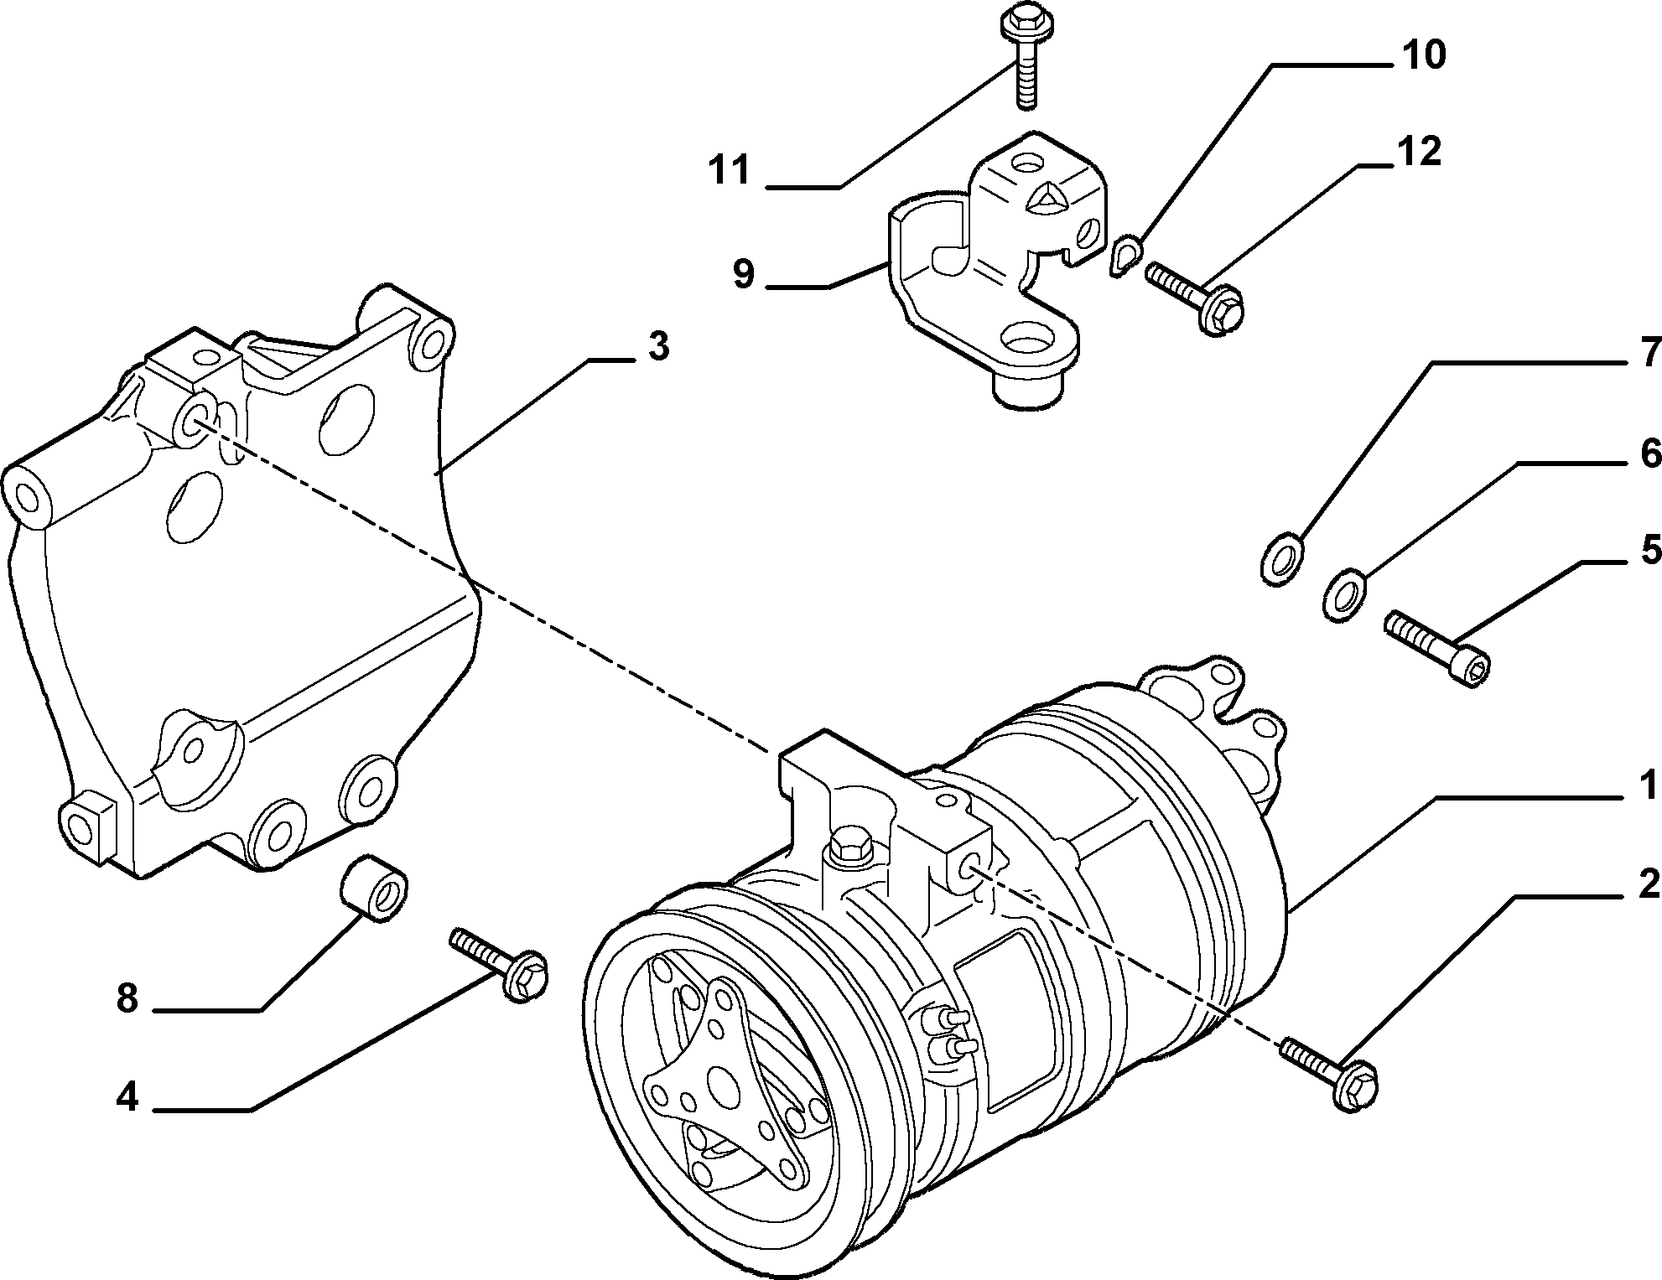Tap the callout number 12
[x=1417, y=151]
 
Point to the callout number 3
[x=658, y=346]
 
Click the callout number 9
[x=743, y=274]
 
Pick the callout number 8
[x=127, y=998]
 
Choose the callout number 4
[x=127, y=1096]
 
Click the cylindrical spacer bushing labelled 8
[x=374, y=888]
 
